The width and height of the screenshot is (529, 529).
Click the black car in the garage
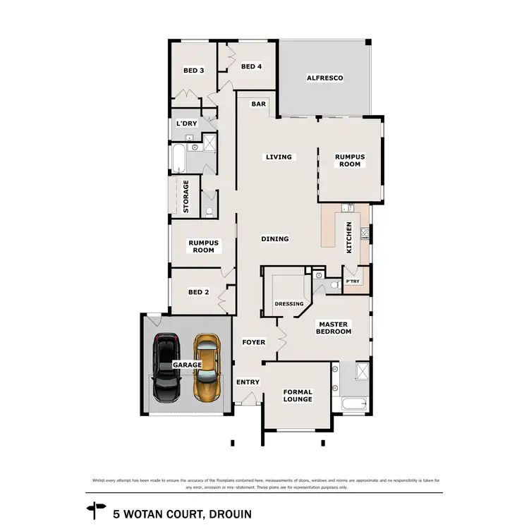coord(167,367)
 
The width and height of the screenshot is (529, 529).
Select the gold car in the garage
coord(207,367)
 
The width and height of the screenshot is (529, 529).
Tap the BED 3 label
coord(193,71)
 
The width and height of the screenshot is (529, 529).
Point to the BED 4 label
coord(251,67)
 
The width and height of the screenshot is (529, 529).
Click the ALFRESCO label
coord(324,78)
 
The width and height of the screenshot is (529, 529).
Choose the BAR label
coord(259,104)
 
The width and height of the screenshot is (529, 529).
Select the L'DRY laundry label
coord(186,124)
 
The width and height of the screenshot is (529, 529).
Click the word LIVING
coord(279,157)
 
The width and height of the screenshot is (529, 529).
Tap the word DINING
coord(275,239)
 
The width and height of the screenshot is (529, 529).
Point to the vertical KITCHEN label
coord(348,238)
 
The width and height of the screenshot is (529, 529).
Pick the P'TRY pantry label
coord(353,282)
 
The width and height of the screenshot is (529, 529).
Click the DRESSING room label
coord(289,304)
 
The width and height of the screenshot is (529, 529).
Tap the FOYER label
coord(254,343)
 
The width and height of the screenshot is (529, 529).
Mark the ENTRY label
coord(248,382)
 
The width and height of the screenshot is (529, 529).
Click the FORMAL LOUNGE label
coord(297,396)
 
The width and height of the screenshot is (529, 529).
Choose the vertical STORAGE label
coord(186,197)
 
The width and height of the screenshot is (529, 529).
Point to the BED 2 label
coord(198,292)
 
